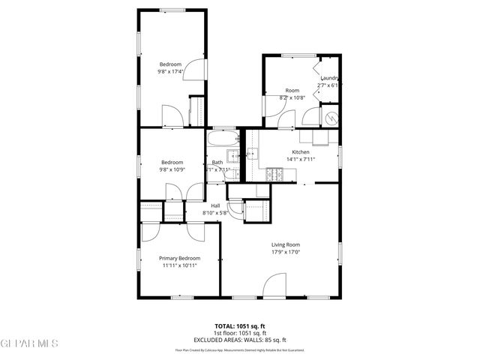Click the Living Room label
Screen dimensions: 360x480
286,244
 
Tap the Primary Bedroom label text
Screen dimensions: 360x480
179,258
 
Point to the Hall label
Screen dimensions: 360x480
215,205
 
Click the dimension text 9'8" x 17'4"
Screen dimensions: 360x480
172,72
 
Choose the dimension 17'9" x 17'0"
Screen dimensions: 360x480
286,252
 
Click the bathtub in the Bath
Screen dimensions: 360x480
223,140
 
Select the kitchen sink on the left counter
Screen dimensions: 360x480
253,154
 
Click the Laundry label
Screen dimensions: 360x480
331,78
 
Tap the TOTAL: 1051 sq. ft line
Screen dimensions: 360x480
241,326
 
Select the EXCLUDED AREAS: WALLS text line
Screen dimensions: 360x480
241,340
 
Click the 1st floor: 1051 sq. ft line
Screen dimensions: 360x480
241,333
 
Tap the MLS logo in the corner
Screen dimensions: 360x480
29,343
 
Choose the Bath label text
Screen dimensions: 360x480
217,162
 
